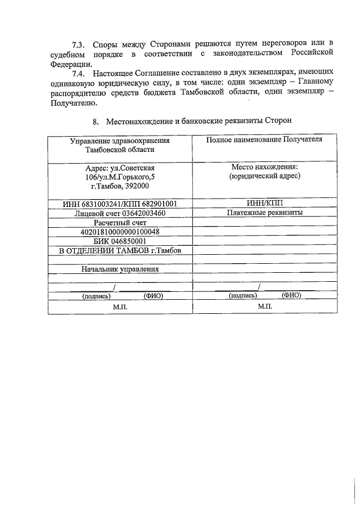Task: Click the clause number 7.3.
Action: (x=78, y=44)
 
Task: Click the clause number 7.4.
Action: (x=78, y=74)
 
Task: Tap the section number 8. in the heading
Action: (x=95, y=121)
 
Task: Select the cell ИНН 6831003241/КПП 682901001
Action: (x=120, y=204)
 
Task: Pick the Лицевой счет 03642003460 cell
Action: (x=120, y=213)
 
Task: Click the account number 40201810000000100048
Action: (x=120, y=232)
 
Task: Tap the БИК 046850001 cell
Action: (x=120, y=241)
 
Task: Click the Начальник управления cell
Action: (x=120, y=269)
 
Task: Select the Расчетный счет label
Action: (x=120, y=223)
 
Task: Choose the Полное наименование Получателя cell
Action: (x=264, y=140)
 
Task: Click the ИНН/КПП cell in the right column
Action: (x=264, y=204)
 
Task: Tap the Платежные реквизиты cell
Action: (x=264, y=213)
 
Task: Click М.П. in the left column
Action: (x=120, y=307)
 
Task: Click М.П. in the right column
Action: (x=264, y=307)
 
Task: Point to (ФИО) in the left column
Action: (x=153, y=295)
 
